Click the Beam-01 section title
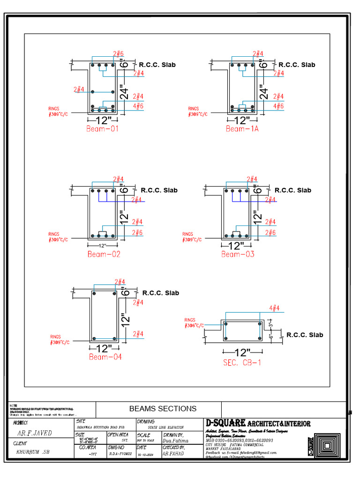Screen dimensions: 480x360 coord(102,128)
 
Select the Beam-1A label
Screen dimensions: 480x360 coord(242,128)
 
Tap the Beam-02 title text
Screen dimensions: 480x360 coord(104,254)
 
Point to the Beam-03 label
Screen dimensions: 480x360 coord(238,254)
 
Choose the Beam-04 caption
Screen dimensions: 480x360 coord(105,357)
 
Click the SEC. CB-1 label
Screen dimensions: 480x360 coord(242,362)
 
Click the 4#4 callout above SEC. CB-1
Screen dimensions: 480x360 coord(274,308)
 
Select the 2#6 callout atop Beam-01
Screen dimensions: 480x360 coord(118,54)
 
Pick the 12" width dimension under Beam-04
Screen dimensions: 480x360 coord(104,348)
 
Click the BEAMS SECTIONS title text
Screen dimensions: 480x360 coord(163,409)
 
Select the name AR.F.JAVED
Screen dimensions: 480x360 coord(34,433)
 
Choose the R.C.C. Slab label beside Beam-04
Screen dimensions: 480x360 coord(160,293)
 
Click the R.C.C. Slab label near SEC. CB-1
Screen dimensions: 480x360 coord(305,335)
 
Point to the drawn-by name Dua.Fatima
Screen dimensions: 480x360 coord(175,441)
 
